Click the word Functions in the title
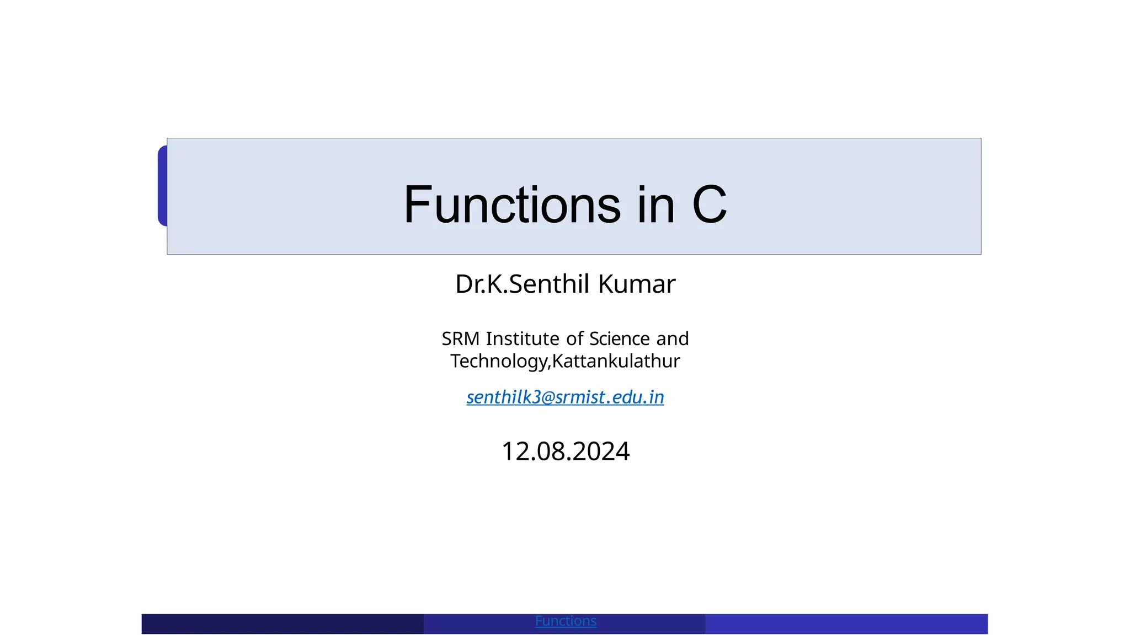click(x=512, y=205)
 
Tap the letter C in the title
click(x=709, y=205)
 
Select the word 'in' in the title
click(x=656, y=205)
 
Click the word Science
click(x=619, y=338)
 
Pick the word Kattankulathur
click(x=616, y=361)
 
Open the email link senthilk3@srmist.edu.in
click(x=565, y=397)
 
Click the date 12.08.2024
click(x=565, y=451)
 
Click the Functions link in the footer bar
click(x=566, y=621)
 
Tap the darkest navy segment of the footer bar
click(x=282, y=624)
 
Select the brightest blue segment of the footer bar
click(x=846, y=624)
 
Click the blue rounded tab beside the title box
click(x=162, y=186)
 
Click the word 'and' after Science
click(x=673, y=338)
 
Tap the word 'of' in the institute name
click(x=574, y=338)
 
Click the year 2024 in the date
click(x=601, y=451)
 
